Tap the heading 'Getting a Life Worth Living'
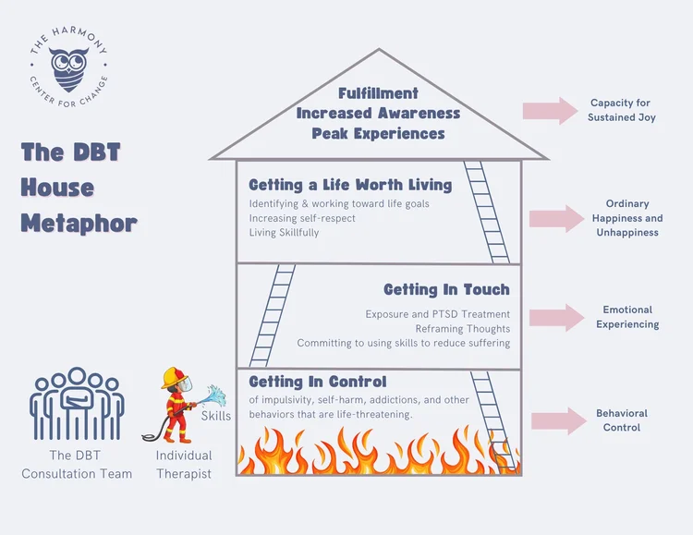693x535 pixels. (x=350, y=185)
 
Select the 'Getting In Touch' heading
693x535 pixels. (x=446, y=290)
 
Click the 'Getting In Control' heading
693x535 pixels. (x=318, y=382)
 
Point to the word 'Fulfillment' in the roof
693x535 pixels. (x=378, y=93)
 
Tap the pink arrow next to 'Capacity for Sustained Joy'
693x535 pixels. (x=549, y=111)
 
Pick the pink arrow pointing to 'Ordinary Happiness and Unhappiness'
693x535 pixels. (x=554, y=219)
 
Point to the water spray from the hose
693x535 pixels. (x=213, y=397)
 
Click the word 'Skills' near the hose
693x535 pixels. (x=215, y=416)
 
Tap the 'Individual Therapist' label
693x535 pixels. (x=183, y=465)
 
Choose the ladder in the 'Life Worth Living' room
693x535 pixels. (x=486, y=212)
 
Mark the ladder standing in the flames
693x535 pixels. (x=494, y=420)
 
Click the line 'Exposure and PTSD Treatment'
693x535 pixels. (x=437, y=314)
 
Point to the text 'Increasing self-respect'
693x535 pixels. (x=303, y=218)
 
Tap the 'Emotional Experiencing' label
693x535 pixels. (x=627, y=317)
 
